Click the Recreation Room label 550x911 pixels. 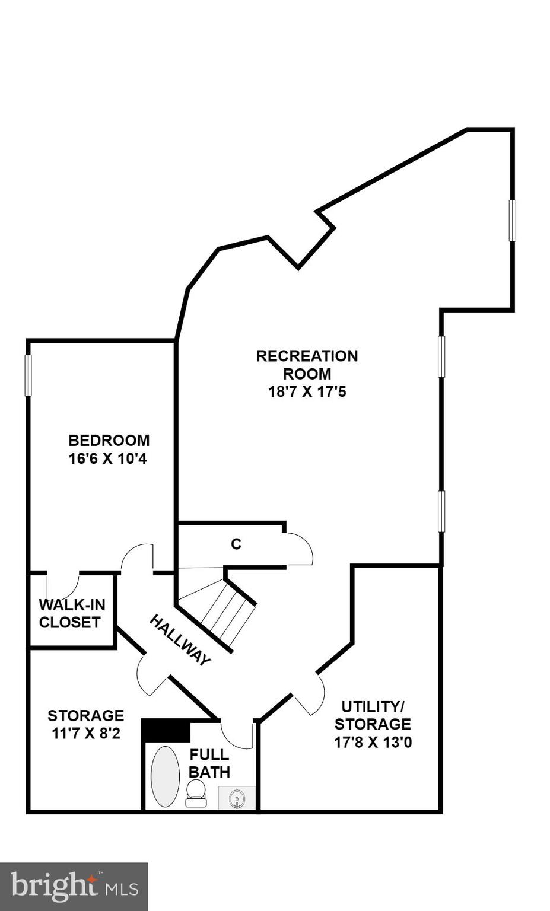(307, 365)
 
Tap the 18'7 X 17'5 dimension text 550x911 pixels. (307, 392)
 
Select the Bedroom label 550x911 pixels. (109, 441)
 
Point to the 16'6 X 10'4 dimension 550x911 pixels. (107, 459)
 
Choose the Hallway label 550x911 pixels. (180, 641)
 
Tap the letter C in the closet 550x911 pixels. (236, 544)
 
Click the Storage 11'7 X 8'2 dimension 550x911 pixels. (86, 734)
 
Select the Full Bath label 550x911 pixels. (209, 763)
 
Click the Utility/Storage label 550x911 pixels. (373, 715)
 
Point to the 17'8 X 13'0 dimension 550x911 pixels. (373, 742)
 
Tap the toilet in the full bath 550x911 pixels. (196, 793)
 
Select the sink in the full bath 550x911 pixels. (237, 798)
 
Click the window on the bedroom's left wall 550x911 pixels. (28, 375)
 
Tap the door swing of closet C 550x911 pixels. (300, 549)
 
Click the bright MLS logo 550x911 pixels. (74, 887)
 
